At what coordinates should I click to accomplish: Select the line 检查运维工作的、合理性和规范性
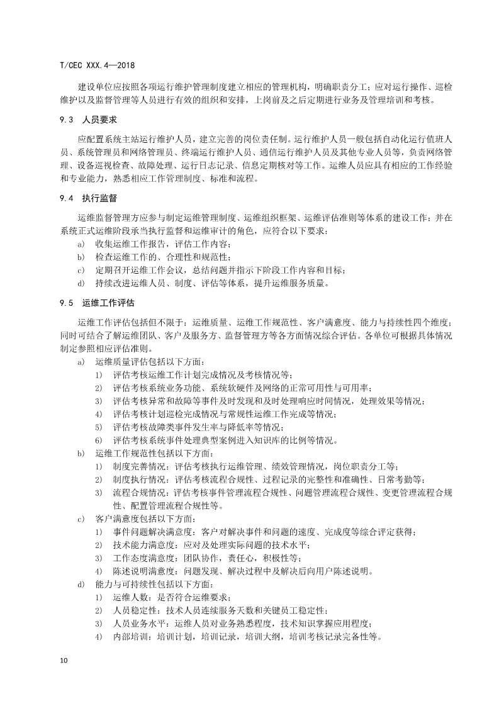click(x=164, y=257)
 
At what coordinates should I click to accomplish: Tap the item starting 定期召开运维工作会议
click(x=220, y=270)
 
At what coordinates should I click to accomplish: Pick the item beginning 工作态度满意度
click(x=206, y=558)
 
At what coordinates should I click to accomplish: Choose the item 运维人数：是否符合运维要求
click(x=171, y=597)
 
